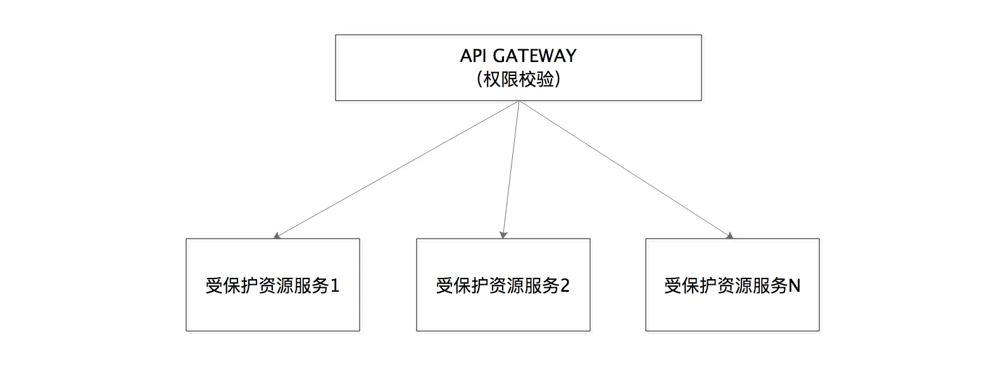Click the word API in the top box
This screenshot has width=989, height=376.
tap(474, 56)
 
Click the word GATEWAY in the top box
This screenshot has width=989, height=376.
tap(534, 56)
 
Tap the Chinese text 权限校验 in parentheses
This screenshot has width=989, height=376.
tap(519, 80)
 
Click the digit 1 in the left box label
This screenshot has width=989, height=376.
tap(335, 286)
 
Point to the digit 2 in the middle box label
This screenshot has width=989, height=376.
tap(565, 286)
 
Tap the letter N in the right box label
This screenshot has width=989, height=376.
tap(794, 286)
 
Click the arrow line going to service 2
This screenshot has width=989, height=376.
tap(511, 170)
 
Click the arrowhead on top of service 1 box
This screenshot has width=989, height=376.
tap(277, 235)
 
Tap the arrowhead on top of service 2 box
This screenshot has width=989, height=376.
tap(503, 235)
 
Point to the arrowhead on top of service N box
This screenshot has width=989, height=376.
tap(730, 235)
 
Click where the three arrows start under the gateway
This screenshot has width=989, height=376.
tap(519, 101)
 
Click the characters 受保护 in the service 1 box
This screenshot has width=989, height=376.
tap(232, 286)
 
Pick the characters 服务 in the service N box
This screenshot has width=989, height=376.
tap(770, 286)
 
